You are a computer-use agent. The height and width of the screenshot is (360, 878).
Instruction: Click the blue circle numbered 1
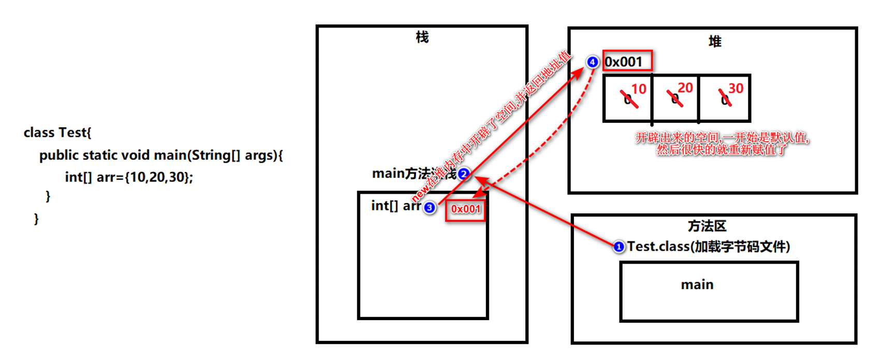pyautogui.click(x=618, y=247)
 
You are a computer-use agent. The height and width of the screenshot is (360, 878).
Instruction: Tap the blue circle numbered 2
pyautogui.click(x=464, y=174)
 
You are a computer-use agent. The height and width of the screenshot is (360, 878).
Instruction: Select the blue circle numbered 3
pyautogui.click(x=429, y=208)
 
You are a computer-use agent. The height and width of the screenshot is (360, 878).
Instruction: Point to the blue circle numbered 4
pyautogui.click(x=593, y=62)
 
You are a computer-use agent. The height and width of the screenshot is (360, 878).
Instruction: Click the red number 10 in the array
pyautogui.click(x=639, y=89)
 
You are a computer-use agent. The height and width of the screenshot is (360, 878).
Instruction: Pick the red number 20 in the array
pyautogui.click(x=685, y=88)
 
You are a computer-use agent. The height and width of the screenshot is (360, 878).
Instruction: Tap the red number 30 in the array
pyautogui.click(x=736, y=88)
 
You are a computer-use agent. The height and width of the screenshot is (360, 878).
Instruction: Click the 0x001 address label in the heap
pyautogui.click(x=627, y=62)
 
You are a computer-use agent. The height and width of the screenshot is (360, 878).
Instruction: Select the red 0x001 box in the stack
pyautogui.click(x=466, y=209)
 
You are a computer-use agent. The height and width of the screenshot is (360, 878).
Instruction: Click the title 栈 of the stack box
pyautogui.click(x=422, y=37)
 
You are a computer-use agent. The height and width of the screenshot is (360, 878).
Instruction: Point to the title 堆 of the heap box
pyautogui.click(x=715, y=41)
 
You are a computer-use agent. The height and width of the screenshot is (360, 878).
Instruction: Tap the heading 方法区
pyautogui.click(x=707, y=226)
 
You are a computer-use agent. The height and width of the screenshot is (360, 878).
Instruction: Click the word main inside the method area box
pyautogui.click(x=697, y=284)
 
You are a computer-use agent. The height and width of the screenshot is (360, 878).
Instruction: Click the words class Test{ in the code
pyautogui.click(x=57, y=133)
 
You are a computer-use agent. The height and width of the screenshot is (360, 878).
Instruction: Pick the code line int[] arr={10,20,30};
pyautogui.click(x=129, y=177)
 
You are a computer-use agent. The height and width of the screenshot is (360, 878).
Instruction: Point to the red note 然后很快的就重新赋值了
pyautogui.click(x=722, y=150)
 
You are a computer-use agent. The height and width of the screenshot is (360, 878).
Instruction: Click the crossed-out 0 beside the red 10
pyautogui.click(x=627, y=99)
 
